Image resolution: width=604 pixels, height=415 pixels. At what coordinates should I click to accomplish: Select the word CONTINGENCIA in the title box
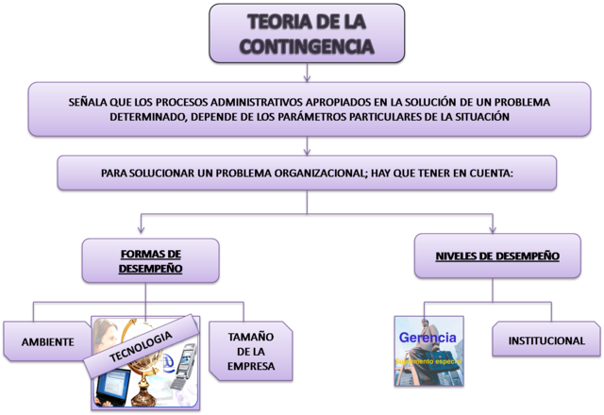click(x=307, y=45)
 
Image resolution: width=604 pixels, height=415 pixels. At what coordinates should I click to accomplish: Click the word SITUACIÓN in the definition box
click(x=478, y=117)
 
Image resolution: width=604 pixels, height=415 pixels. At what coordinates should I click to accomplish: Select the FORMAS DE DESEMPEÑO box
click(x=150, y=260)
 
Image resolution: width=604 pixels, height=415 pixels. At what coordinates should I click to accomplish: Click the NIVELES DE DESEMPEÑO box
click(x=496, y=256)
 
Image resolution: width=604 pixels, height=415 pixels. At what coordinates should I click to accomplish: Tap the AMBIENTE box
click(x=47, y=342)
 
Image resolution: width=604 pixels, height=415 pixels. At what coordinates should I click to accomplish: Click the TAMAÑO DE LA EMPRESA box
click(x=251, y=351)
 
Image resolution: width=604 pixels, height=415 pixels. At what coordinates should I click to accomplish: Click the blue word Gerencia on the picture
click(x=428, y=337)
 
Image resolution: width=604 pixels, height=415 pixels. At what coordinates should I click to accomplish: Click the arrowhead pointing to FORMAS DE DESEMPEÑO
click(x=140, y=228)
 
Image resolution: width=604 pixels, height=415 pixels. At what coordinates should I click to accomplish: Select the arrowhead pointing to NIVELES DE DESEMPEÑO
click(x=493, y=228)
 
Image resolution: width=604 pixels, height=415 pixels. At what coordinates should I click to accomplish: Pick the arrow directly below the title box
click(x=307, y=74)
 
